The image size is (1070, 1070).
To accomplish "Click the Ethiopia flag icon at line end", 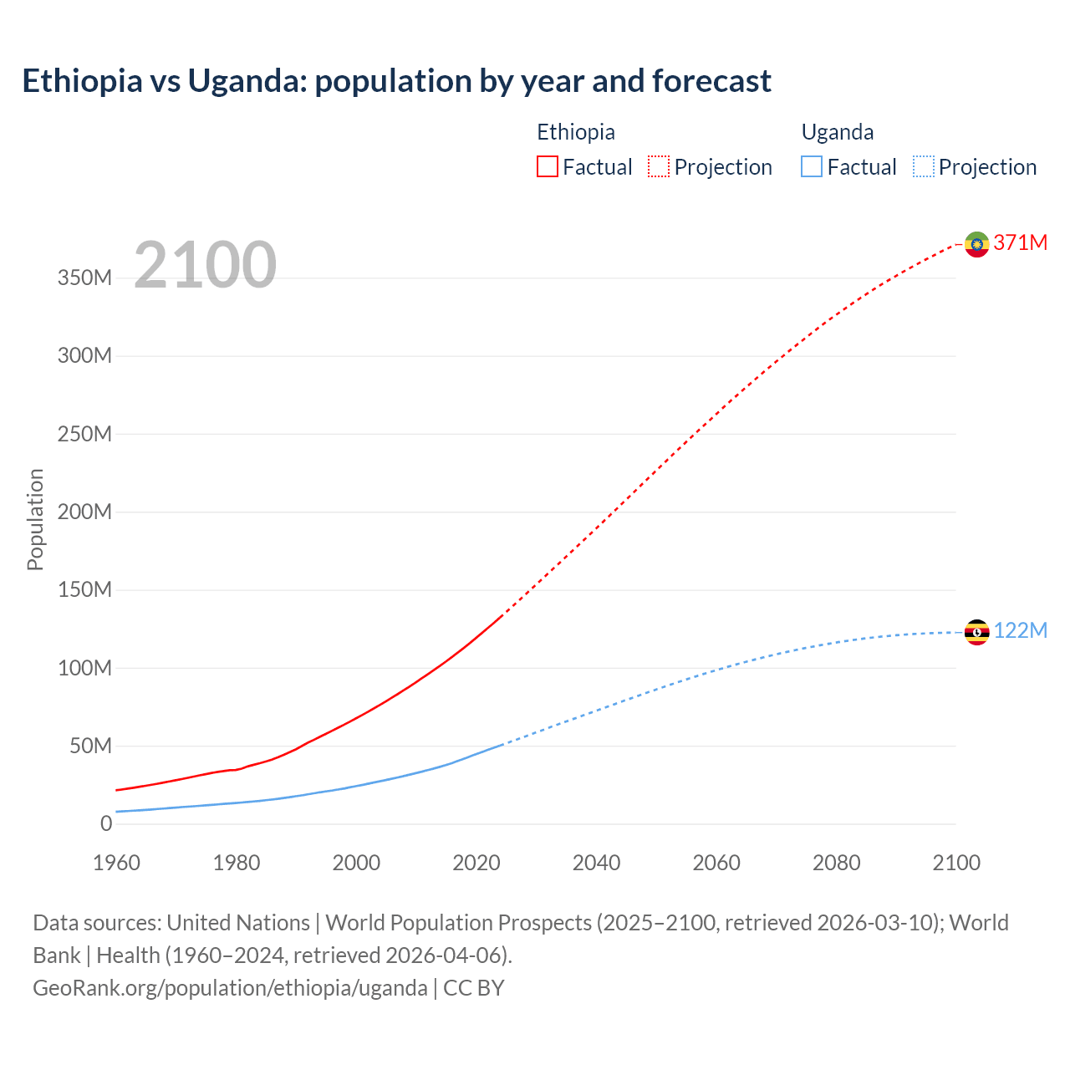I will point(976,244).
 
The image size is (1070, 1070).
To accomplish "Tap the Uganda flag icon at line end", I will point(976,632).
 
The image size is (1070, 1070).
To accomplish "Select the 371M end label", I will point(1021,242).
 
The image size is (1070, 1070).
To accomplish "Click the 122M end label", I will point(1021,630).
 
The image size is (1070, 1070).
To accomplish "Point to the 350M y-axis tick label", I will point(84,278).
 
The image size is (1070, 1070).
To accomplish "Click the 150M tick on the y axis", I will point(84,589).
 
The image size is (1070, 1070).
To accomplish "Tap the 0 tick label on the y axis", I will point(106,823).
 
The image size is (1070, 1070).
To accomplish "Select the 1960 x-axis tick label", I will point(116,863).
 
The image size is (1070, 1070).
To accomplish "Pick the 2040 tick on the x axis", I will point(596,863).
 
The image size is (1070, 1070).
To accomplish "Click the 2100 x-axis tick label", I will point(956,863).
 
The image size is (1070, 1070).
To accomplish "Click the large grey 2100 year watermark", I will point(205,265).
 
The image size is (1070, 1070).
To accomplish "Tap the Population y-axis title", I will point(35,519).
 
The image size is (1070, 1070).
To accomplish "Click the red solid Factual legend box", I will point(547,166).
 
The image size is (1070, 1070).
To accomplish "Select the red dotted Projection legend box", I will point(659,166).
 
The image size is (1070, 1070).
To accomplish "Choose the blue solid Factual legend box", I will point(812,166).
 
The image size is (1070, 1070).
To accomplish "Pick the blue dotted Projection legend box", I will point(924,166).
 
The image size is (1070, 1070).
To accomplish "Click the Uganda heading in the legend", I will point(838,132).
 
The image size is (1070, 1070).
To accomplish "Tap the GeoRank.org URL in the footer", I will point(230,987).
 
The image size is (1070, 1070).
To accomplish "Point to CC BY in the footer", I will point(474,987).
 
